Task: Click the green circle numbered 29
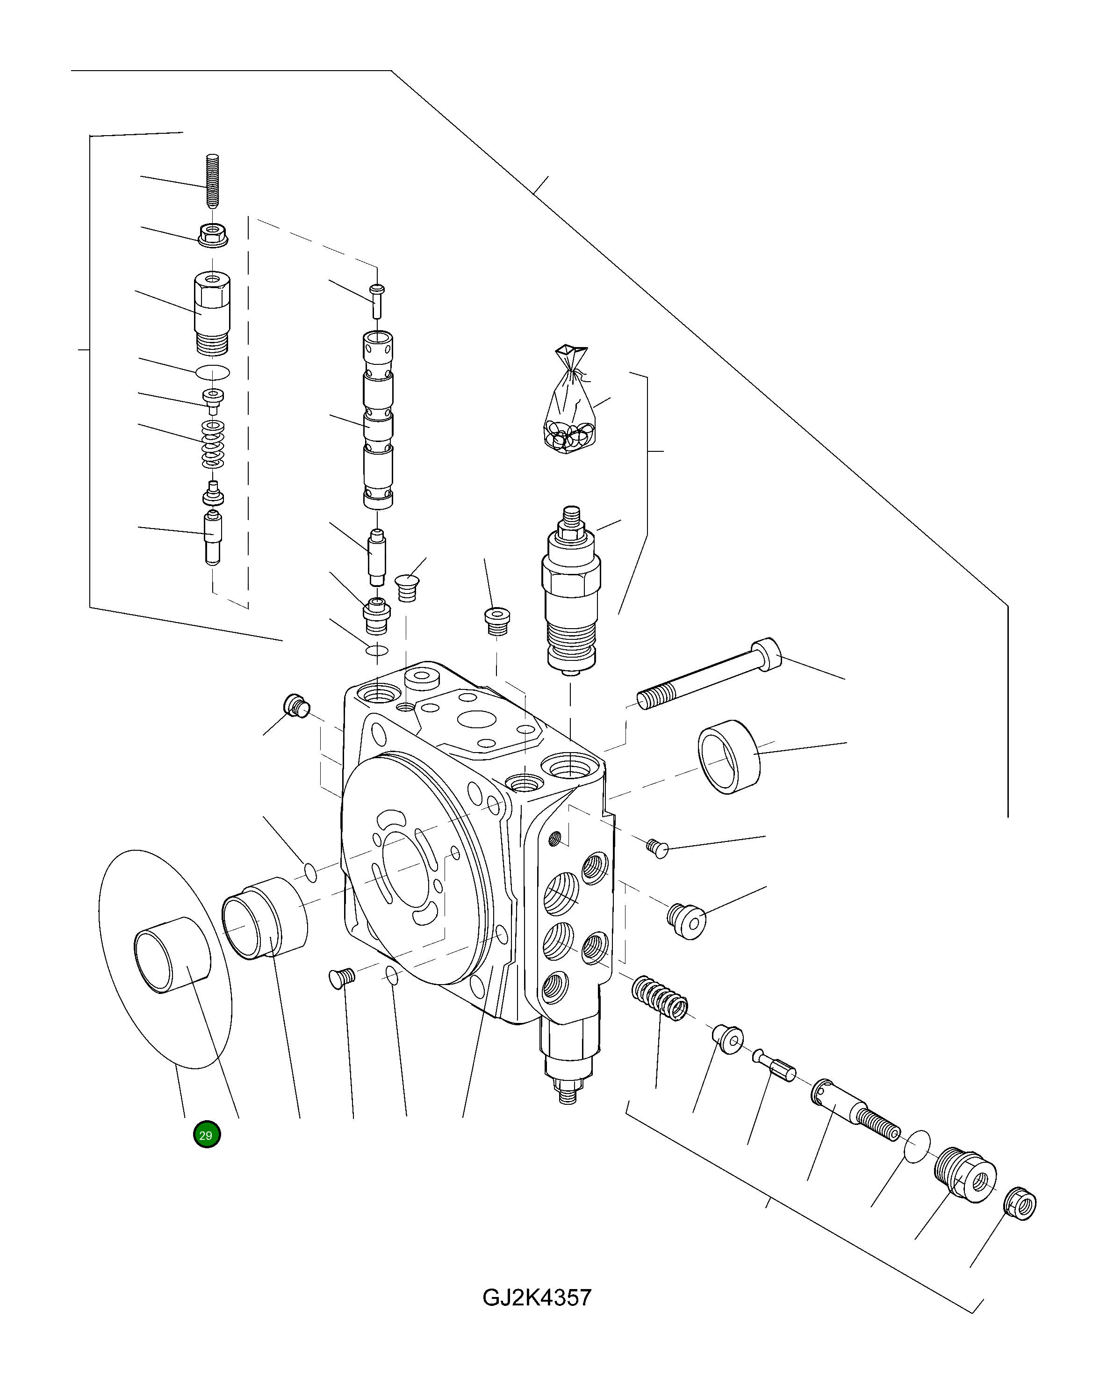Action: click(207, 1134)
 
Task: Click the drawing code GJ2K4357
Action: click(537, 1297)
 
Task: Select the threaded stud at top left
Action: click(212, 181)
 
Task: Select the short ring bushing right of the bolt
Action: click(728, 756)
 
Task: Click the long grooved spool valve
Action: click(378, 420)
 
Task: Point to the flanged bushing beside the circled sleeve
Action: click(265, 919)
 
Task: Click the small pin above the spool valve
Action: click(377, 300)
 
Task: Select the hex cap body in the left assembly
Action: click(212, 312)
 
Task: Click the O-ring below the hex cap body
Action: click(212, 372)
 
